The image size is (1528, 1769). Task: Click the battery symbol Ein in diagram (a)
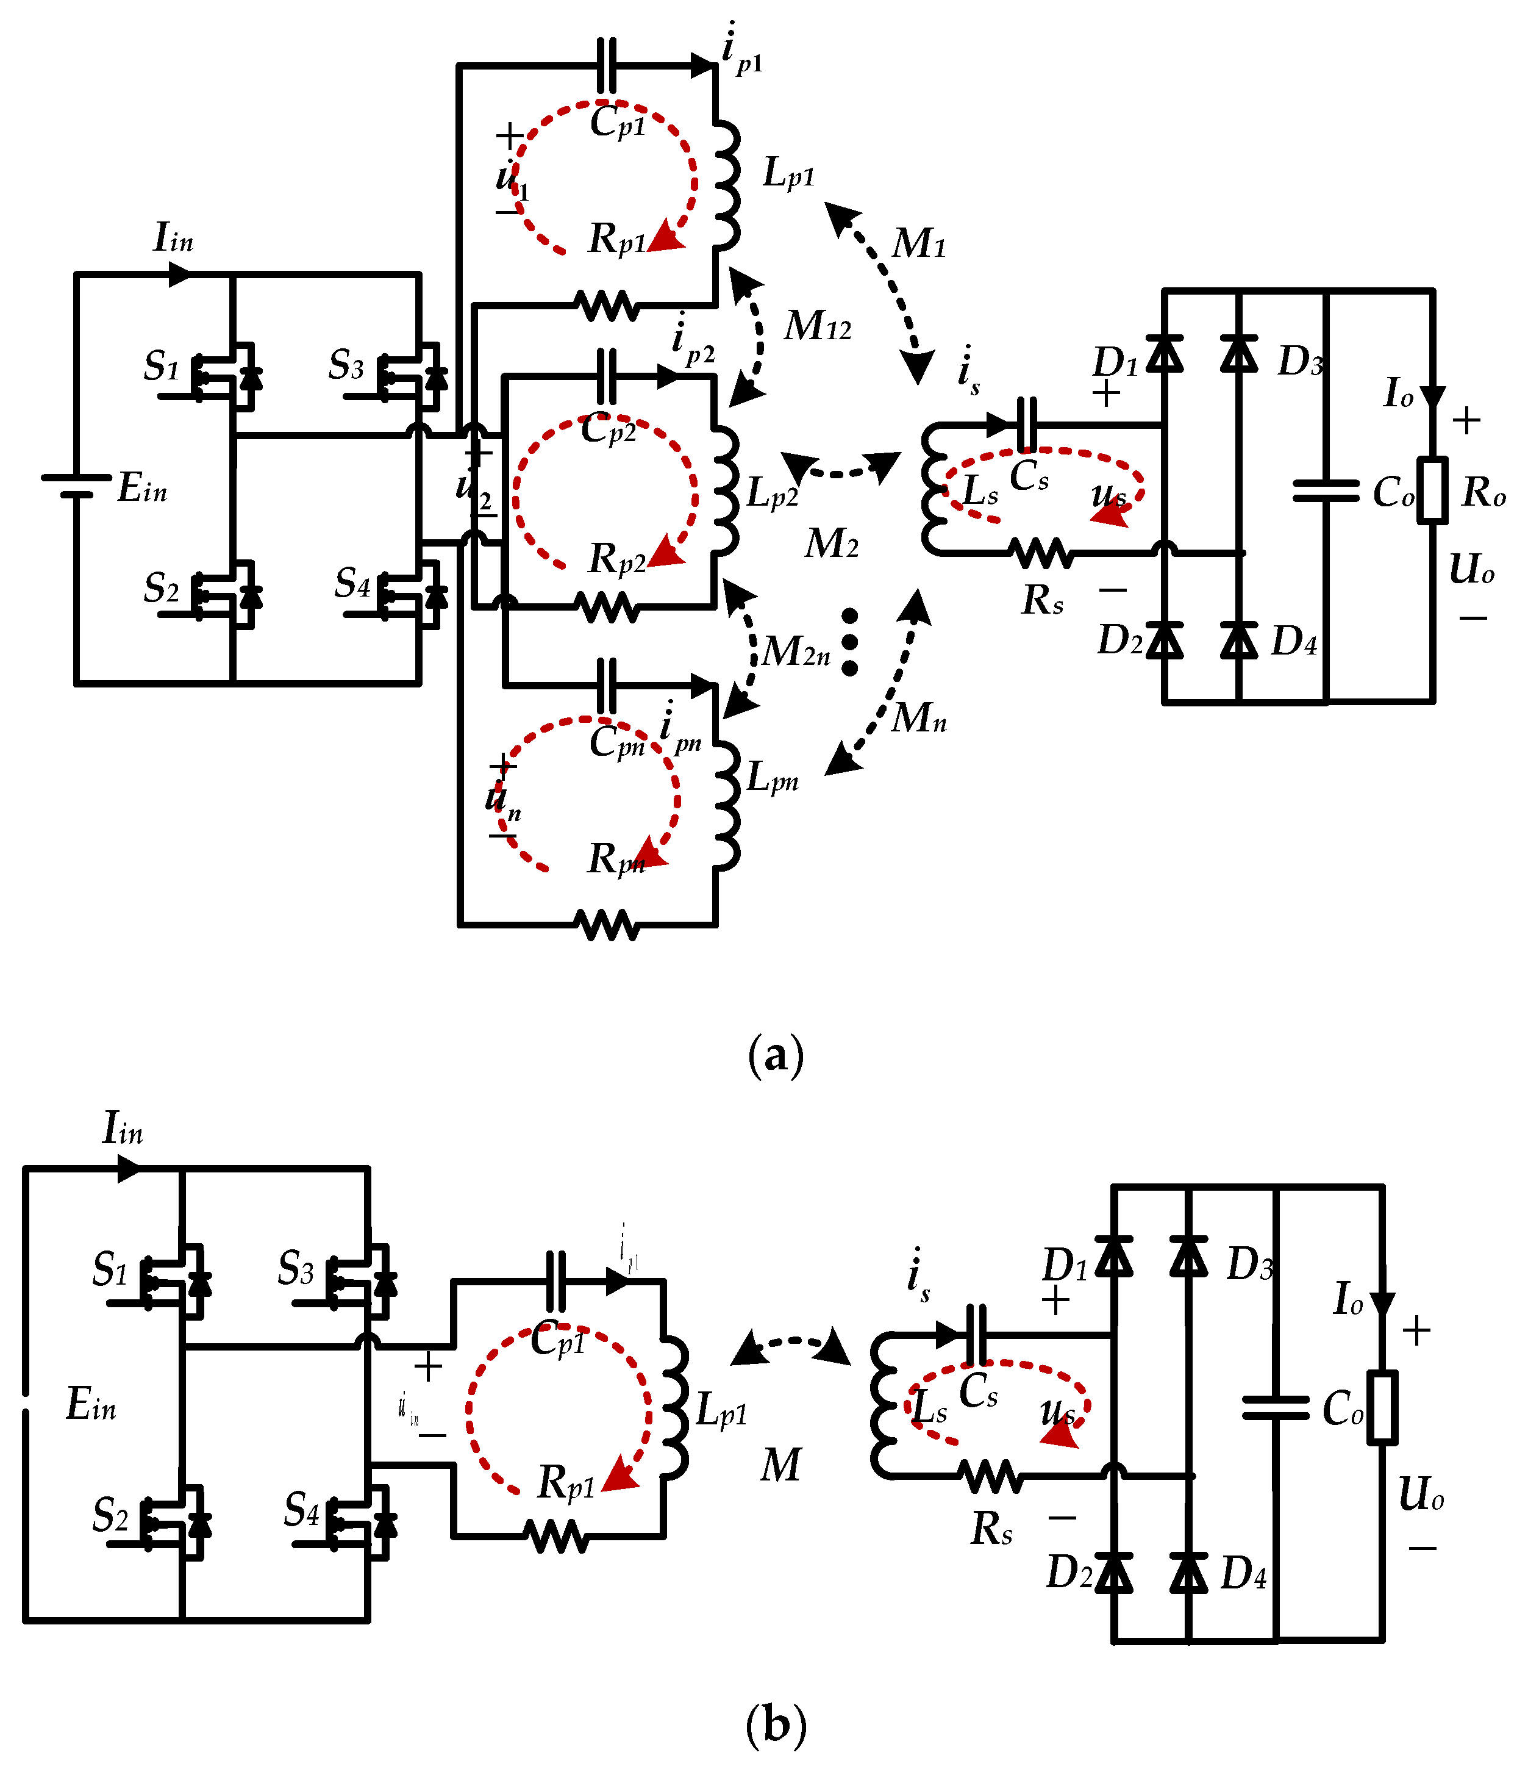77,485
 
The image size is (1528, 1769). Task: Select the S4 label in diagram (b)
301,1510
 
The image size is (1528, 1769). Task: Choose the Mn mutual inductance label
918,717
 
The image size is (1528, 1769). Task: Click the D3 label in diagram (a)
1299,362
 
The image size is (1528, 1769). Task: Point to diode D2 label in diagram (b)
1069,1573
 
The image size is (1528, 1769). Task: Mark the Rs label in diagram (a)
1042,600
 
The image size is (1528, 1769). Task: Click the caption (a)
775,1056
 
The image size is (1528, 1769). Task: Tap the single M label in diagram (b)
780,1465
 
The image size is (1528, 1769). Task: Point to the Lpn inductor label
772,778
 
